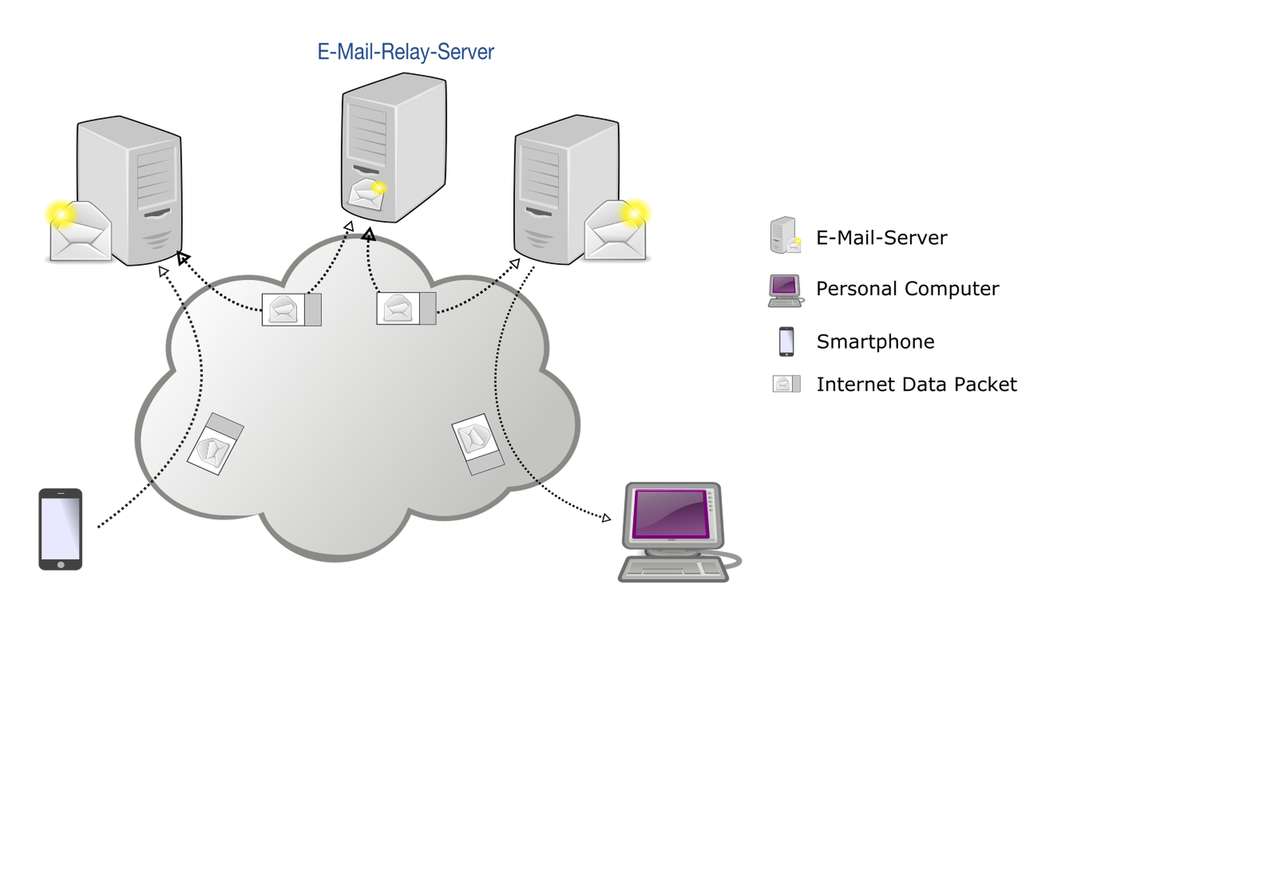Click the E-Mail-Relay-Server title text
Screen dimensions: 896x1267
coord(406,52)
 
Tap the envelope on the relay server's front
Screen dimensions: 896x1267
coord(367,195)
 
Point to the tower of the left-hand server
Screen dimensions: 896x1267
coord(138,188)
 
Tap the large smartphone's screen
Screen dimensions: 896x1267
coord(60,528)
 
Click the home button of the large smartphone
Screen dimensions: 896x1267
coord(61,565)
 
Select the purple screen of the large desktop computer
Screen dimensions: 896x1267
coord(671,513)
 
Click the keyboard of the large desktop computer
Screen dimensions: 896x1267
coord(673,569)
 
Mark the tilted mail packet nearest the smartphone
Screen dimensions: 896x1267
coord(215,445)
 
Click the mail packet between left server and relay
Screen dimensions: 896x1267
coord(292,310)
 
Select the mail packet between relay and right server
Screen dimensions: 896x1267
coord(406,308)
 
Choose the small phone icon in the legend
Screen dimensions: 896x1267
coord(786,341)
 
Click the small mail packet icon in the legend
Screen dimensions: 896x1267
coord(786,384)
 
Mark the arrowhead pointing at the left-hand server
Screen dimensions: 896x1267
coord(162,271)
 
